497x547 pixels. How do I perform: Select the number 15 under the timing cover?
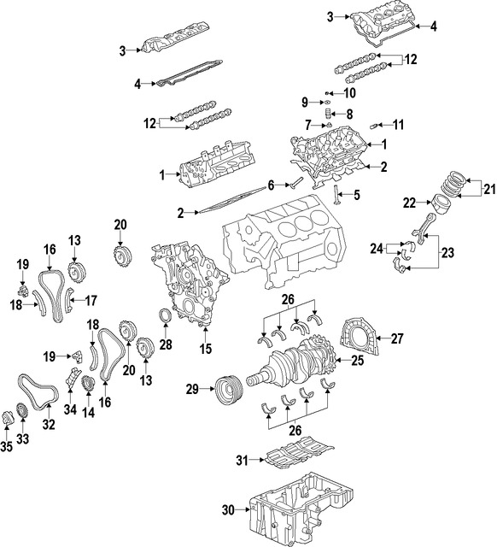coord(204,349)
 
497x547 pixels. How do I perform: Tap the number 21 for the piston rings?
coord(488,189)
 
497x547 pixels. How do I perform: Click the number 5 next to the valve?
coord(357,195)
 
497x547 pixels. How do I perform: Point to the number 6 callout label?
coord(271,185)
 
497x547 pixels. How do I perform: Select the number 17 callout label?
coord(91,300)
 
